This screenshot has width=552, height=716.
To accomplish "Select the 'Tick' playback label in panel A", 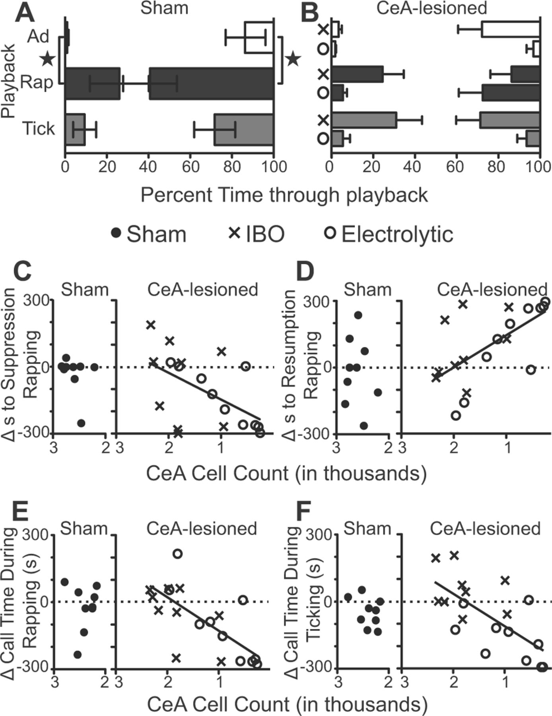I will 38,128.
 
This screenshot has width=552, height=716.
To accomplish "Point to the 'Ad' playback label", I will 38,37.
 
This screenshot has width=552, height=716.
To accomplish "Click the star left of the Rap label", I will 48,60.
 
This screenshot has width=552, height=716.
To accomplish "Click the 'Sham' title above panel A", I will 164,8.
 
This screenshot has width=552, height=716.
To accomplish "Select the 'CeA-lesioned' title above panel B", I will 431,8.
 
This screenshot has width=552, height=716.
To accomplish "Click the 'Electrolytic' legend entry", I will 390,234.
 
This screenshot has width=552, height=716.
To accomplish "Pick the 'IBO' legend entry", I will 257,234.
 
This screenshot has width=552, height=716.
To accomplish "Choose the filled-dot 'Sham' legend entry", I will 149,234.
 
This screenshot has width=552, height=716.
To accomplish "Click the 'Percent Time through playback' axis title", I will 284,195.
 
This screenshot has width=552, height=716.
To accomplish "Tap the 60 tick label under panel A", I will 190,167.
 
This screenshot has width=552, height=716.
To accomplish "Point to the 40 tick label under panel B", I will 414,167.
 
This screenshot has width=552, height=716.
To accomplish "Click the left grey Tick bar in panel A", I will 75,130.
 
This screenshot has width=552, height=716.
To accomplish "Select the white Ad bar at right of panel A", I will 259,37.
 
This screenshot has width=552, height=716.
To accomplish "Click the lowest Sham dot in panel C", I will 81,423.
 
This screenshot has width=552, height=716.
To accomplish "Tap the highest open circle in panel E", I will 177,553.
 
